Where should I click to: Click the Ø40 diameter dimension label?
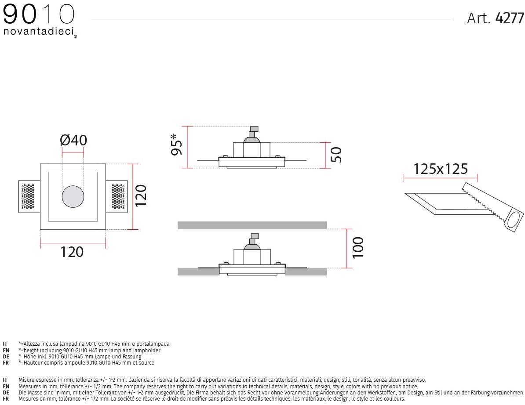pos(74,140)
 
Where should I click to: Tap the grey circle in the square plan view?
pos(73,196)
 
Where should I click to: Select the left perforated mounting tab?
pos(29,197)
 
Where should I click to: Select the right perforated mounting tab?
pos(117,197)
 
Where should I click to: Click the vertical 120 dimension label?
pos(141,195)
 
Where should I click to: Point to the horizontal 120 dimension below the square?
pos(72,252)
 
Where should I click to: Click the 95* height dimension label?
pos(176,144)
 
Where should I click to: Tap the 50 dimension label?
pos(336,155)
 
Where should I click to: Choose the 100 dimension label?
pos(358,247)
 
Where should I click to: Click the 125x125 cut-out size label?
pos(440,169)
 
